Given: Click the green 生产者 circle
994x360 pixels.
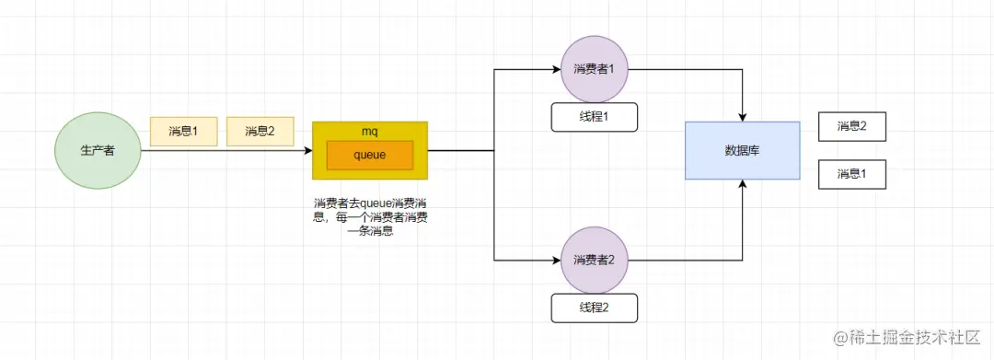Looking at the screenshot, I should tap(98, 150).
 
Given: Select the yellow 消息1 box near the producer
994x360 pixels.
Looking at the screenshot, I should tap(183, 132).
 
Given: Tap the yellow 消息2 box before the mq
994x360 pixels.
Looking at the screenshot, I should tap(260, 132).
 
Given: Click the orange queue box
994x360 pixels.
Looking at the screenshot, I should tap(370, 155).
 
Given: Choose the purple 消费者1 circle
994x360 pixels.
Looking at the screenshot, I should tap(594, 69).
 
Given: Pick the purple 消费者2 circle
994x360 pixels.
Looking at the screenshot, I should tap(594, 261).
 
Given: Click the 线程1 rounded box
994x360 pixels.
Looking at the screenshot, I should tap(594, 117).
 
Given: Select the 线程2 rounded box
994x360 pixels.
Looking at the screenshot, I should tap(594, 308).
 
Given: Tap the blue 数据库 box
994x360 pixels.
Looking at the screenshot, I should tap(742, 150).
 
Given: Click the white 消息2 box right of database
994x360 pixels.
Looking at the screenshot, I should tap(851, 126).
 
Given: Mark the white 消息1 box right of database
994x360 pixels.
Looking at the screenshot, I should tap(851, 174).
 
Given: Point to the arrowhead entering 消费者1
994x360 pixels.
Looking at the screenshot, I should tap(556, 69).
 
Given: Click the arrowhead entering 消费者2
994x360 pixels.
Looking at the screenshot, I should tap(556, 261).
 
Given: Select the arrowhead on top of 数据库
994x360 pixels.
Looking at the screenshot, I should tap(742, 116).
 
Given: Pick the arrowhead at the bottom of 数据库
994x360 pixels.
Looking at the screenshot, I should tap(742, 185).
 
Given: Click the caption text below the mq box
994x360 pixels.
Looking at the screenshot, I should tap(370, 217).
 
